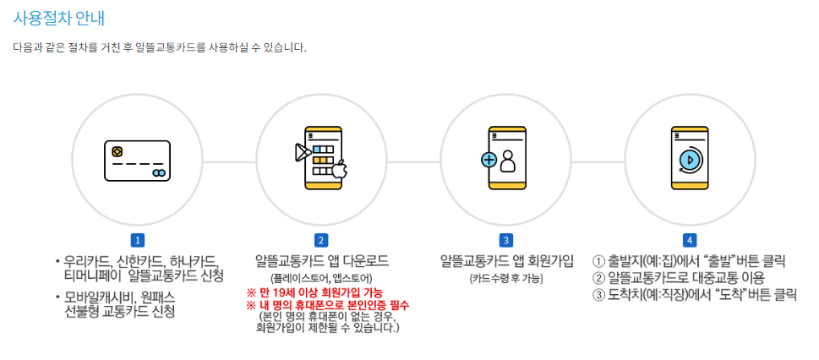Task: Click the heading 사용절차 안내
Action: pos(59,18)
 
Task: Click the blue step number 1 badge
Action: pos(137,240)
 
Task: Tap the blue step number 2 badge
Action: pos(321,240)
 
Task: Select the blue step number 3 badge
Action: pos(505,240)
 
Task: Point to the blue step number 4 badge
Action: pos(690,240)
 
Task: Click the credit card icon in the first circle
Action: pos(137,161)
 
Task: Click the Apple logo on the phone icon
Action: pos(339,172)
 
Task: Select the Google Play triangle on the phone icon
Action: pos(302,153)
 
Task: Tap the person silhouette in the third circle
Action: pos(507,161)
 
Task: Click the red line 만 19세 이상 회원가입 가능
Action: pos(314,292)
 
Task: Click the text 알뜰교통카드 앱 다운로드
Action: pos(321,260)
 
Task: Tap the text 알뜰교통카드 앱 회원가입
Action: pos(505,260)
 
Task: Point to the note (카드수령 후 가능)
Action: pos(505,278)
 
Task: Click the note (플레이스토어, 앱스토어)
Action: pos(321,278)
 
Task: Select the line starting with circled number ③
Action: pos(694,294)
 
